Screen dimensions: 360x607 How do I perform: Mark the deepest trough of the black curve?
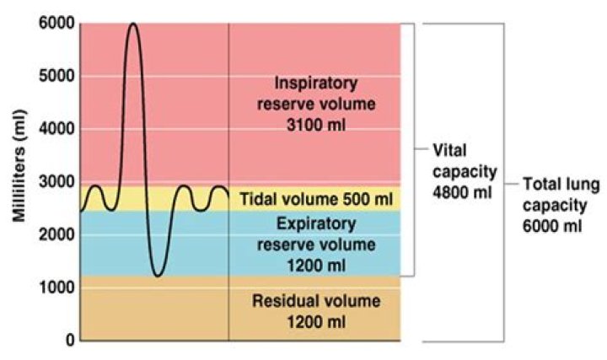[x=157, y=275]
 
